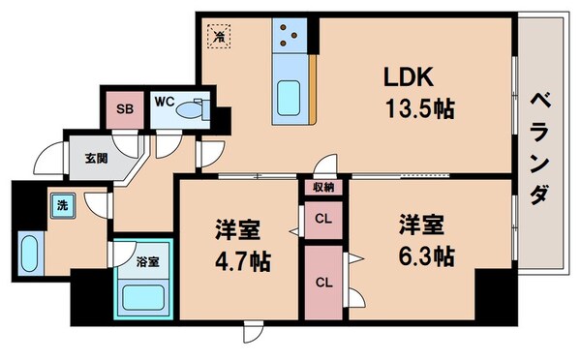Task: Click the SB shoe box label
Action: click(125, 107)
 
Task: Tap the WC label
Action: click(163, 101)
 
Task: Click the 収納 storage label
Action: click(323, 187)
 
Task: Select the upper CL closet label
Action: click(323, 218)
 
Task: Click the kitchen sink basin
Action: click(289, 98)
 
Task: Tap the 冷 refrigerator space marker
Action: click(220, 37)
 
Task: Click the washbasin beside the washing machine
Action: click(28, 254)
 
